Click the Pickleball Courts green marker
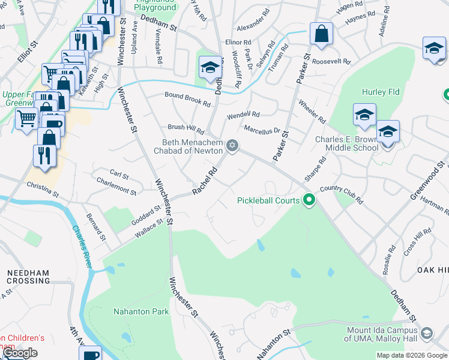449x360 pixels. pyautogui.click(x=309, y=200)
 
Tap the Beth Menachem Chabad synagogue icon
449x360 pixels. pyautogui.click(x=232, y=146)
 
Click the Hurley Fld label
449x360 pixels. pyautogui.click(x=381, y=92)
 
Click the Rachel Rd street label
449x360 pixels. pyautogui.click(x=204, y=181)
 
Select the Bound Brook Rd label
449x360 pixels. pyautogui.click(x=187, y=99)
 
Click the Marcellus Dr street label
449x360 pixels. pyautogui.click(x=262, y=130)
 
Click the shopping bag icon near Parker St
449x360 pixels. pyautogui.click(x=322, y=34)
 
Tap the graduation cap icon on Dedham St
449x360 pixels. pyautogui.click(x=210, y=70)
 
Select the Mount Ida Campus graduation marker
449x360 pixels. pyautogui.click(x=426, y=332)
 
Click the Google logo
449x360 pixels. pyautogui.click(x=20, y=353)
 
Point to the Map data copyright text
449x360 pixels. pyautogui.click(x=412, y=355)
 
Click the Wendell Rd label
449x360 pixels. pyautogui.click(x=243, y=115)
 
